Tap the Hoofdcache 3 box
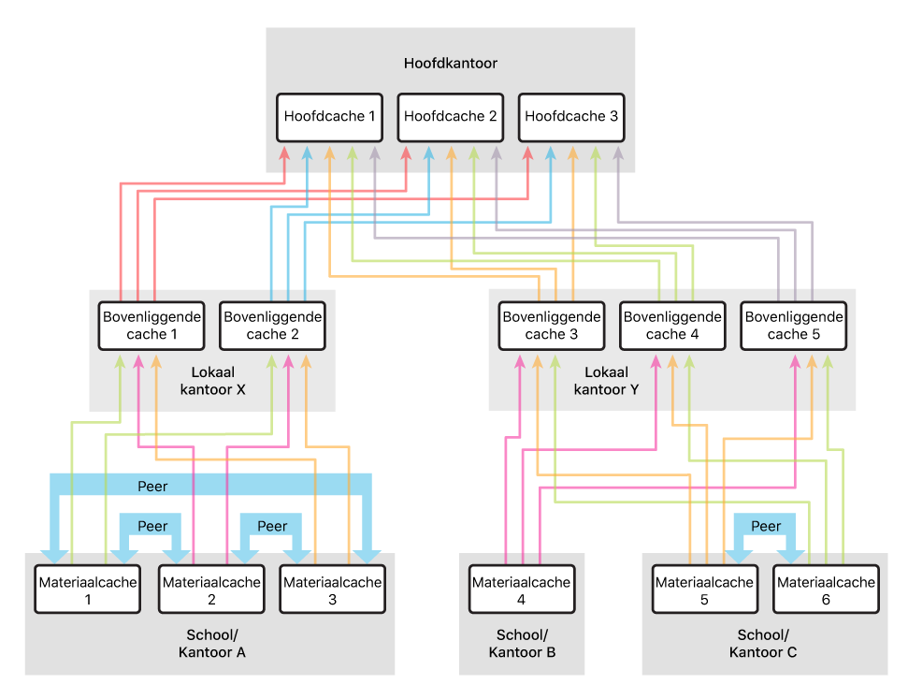571,118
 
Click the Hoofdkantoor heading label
450,64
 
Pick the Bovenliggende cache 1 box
151,326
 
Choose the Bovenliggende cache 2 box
273,326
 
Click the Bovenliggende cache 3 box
552,326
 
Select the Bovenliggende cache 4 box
672,326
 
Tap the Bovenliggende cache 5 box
794,326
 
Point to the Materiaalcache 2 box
211,590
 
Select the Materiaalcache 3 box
332,590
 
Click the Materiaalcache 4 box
521,590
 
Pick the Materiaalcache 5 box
704,590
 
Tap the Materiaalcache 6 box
826,590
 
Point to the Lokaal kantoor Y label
607,381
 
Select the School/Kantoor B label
522,643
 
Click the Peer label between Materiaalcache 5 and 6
766,526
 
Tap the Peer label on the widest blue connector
152,486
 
